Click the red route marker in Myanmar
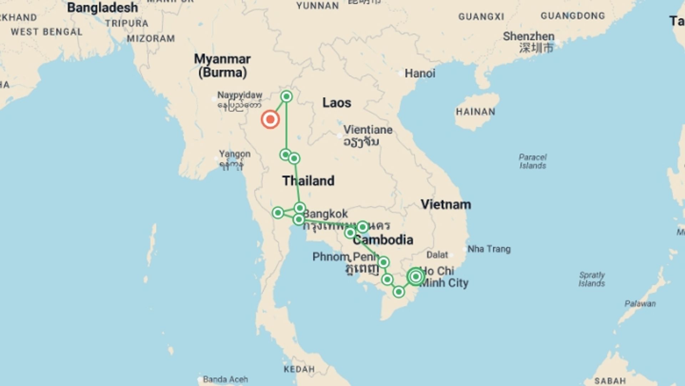point(270,119)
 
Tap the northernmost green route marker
point(286,96)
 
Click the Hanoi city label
point(420,74)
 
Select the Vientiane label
point(368,130)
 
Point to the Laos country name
point(337,103)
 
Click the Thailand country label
point(309,181)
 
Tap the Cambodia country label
point(383,240)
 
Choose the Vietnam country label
point(446,204)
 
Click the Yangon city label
point(235,154)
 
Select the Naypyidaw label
point(240,95)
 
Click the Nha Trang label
point(489,249)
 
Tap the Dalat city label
point(437,255)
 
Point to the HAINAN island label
point(476,112)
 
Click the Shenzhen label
point(528,36)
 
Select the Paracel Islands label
point(532,161)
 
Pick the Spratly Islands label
point(592,279)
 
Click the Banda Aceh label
point(225,379)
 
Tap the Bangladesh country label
point(102,8)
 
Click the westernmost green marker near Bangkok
point(278,213)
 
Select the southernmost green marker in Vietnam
point(399,292)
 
